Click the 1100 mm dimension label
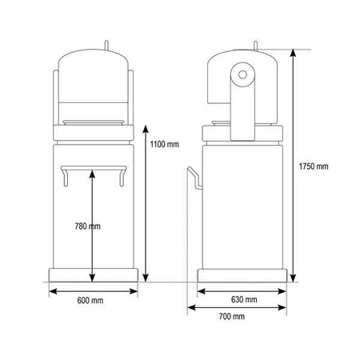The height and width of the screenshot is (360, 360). click(164, 145)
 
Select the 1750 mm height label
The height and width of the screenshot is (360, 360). click(314, 166)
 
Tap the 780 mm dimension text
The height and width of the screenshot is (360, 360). click(88, 226)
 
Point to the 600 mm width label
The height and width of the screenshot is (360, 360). click(90, 301)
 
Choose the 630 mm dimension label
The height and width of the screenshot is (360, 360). click(244, 299)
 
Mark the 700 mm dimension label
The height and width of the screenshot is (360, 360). click(232, 317)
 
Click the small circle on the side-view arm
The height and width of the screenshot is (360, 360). click(242, 74)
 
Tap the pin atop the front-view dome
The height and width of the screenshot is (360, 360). click(106, 45)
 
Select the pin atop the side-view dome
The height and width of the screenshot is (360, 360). click(255, 46)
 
